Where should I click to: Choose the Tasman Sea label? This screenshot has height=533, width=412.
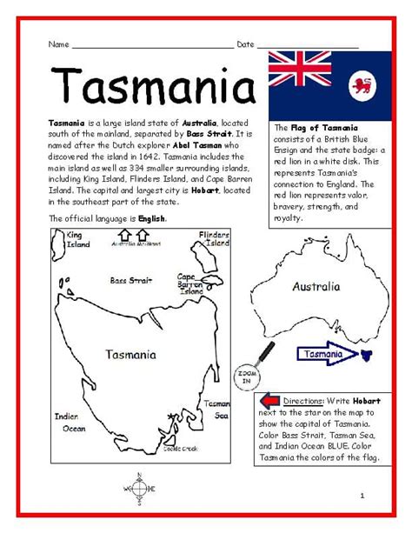(217, 410)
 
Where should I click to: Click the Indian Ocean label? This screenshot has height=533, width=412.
(69, 422)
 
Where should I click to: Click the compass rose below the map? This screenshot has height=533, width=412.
(139, 489)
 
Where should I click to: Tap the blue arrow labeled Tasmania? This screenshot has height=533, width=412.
(326, 354)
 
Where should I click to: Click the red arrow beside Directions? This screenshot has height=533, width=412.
(269, 401)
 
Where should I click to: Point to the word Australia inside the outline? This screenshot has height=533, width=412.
(316, 285)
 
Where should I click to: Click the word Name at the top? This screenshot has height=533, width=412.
(58, 44)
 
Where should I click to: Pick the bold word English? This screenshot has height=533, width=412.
(151, 218)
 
